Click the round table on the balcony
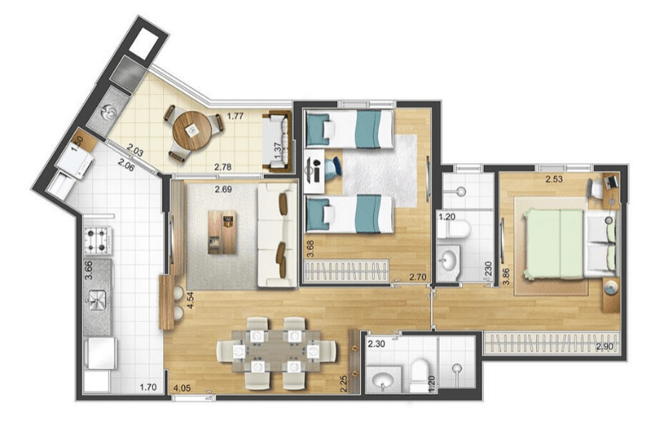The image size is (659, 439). click(192, 131)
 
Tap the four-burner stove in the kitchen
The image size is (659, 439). click(98, 241)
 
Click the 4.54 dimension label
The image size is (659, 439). click(190, 301)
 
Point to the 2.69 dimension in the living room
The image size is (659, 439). click(223, 190)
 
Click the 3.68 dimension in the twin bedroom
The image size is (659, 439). click(310, 249)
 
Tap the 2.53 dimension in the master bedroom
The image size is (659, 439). click(554, 179)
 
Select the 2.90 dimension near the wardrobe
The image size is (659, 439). click(604, 347)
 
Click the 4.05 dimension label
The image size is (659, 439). click(182, 388)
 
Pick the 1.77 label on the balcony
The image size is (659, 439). click(236, 116)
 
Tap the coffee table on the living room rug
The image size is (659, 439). click(222, 232)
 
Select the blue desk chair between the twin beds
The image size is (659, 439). click(333, 167)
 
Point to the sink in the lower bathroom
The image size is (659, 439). click(383, 380)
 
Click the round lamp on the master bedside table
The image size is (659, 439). click(611, 289)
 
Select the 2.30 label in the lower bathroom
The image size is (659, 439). click(376, 344)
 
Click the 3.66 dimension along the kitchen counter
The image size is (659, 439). click(89, 270)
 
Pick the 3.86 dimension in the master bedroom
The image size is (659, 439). click(506, 276)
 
